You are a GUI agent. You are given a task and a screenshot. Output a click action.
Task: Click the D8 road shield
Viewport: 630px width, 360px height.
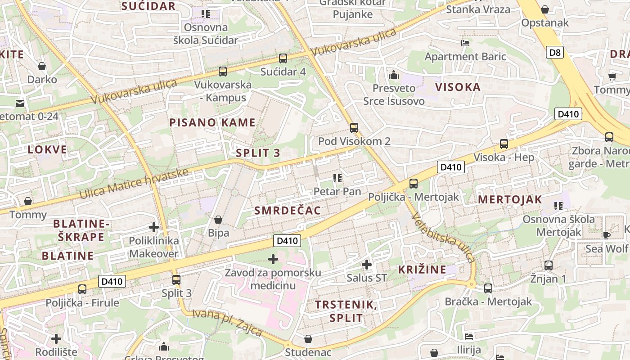555,53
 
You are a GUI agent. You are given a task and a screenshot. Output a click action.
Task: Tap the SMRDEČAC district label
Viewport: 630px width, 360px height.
288,211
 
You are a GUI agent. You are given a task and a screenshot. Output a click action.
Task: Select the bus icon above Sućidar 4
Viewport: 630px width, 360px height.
283,58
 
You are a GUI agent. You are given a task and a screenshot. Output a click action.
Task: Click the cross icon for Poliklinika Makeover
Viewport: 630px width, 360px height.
154,227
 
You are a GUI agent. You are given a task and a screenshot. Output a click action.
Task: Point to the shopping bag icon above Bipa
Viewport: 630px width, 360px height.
218,220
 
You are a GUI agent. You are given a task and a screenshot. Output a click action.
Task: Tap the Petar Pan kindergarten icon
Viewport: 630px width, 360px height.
337,178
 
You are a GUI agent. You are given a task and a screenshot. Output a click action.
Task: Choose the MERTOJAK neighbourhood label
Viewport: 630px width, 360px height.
510,200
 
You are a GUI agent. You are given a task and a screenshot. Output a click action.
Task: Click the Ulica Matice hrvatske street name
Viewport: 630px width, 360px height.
134,184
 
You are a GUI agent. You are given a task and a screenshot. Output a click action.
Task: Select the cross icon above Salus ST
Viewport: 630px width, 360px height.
367,264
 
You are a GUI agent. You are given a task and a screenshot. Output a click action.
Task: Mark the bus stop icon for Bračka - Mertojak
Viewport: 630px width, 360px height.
488,288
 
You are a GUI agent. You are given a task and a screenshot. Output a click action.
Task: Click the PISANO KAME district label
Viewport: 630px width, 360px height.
212,122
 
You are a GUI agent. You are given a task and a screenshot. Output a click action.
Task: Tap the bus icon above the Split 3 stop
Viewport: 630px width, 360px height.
176,279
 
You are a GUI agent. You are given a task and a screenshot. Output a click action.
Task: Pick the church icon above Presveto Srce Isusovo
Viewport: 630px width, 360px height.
394,74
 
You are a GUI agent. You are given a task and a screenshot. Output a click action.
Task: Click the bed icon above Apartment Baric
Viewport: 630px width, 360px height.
465,43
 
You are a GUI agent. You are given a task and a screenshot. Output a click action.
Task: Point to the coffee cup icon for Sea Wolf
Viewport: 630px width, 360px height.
607,235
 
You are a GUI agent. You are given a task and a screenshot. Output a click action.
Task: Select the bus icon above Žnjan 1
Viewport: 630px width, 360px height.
548,265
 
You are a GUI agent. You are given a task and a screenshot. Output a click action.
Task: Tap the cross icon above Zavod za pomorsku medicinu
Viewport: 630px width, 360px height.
273,259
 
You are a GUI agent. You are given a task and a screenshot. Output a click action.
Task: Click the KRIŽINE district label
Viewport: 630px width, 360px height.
422,270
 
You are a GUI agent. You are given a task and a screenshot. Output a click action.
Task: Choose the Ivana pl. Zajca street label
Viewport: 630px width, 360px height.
227,322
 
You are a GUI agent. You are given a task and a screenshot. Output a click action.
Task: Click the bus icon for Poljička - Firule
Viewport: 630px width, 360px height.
82,289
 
